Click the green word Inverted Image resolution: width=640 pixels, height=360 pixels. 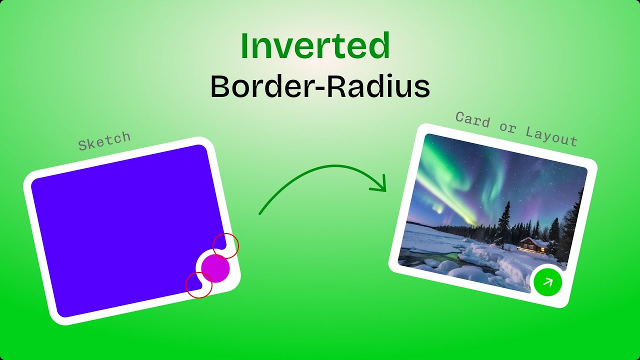(x=315, y=46)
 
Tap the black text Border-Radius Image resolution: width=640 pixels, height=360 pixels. (x=320, y=86)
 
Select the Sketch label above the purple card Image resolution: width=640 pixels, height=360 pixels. (x=104, y=141)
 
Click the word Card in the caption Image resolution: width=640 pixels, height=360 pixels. (x=472, y=119)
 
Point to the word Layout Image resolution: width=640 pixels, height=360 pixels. (x=551, y=135)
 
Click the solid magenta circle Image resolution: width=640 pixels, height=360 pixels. (x=215, y=268)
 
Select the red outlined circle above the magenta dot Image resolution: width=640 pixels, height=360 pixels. (x=226, y=245)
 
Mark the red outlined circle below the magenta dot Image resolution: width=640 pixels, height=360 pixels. (x=198, y=285)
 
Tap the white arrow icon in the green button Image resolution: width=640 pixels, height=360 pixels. (x=548, y=282)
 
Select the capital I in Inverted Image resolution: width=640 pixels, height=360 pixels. (x=245, y=46)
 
